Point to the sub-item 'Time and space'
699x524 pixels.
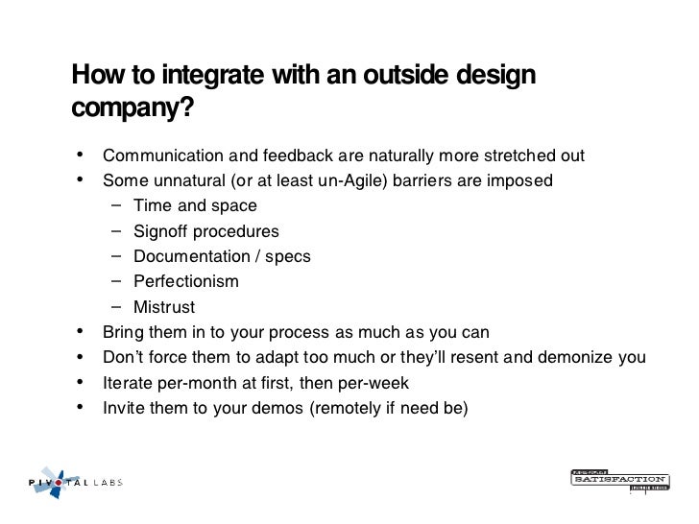point(195,205)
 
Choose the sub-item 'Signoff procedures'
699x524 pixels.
point(205,231)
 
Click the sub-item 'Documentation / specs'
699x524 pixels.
point(222,256)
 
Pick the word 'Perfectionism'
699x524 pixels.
point(185,281)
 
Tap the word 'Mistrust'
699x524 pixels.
point(163,307)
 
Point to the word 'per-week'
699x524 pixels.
point(377,383)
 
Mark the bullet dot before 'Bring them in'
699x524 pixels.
point(78,332)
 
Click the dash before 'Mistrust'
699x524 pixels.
point(115,307)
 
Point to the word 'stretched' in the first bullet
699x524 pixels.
point(507,155)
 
